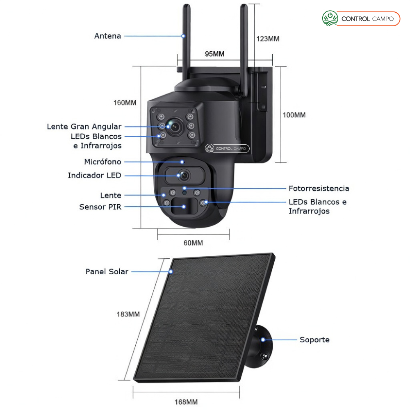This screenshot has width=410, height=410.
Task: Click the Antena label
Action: pos(107,36)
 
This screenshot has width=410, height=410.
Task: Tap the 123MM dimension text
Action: pos(268,39)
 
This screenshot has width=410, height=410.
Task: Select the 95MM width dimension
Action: pos(214,54)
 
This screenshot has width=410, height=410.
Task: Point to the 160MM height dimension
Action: pos(125,102)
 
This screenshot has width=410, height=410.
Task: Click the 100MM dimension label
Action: pos(294,115)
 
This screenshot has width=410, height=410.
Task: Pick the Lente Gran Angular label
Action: pos(84,127)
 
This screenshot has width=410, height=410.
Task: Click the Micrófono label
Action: pos(102,162)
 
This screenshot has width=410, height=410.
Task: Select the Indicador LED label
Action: pos(94,175)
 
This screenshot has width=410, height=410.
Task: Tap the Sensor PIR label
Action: pos(100,207)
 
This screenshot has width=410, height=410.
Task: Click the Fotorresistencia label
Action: pos(319,189)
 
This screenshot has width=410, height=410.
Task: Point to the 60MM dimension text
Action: pos(193,243)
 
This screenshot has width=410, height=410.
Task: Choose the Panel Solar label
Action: pos(107,271)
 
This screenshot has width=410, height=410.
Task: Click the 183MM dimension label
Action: pos(128,314)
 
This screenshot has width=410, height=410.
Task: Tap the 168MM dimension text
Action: pos(186,401)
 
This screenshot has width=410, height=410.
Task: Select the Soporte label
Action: pos(314,340)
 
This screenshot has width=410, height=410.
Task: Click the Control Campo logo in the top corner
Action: pos(361,19)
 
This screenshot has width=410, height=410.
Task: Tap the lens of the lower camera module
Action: pos(184,175)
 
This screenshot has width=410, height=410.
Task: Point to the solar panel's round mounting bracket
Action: pos(262,342)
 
